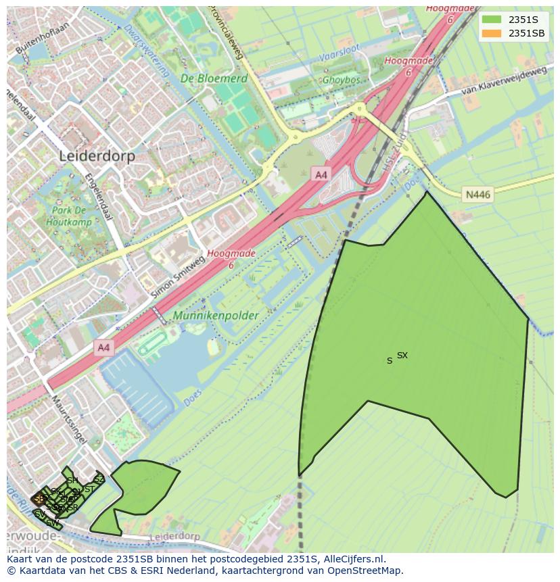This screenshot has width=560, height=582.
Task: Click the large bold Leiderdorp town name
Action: coord(97,156)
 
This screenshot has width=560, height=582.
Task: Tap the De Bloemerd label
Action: coord(214,79)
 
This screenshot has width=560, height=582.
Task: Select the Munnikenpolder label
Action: coord(216,316)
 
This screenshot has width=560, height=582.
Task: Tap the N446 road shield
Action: coord(477,195)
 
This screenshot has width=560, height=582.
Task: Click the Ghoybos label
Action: coord(342,80)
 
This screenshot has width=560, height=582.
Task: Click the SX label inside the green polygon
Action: coord(402,356)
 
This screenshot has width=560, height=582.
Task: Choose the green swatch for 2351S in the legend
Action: coord(492,20)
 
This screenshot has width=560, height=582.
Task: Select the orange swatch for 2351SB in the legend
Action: coord(492,33)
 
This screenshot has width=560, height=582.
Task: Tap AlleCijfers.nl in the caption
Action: coord(354,559)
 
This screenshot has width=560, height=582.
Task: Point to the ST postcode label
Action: coord(89,489)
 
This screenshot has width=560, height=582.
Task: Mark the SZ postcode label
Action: coord(99,480)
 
